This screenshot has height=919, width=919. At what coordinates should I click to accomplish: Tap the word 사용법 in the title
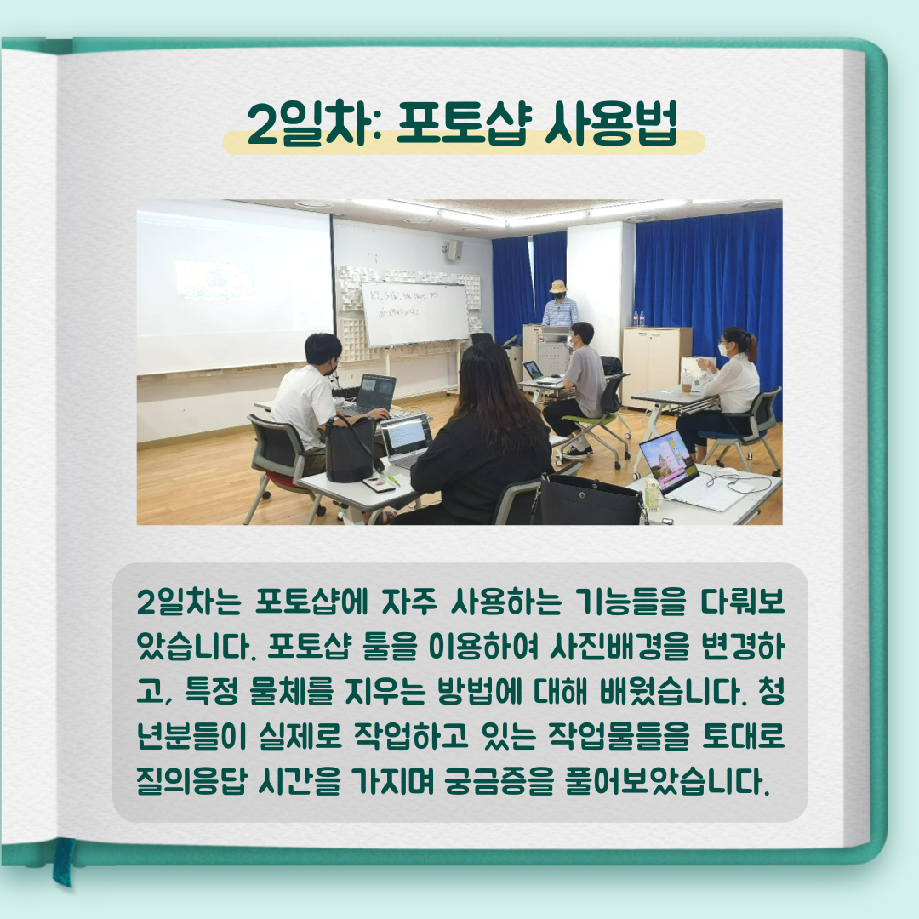click(x=611, y=123)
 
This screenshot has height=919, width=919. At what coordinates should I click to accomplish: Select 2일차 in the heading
click(x=311, y=123)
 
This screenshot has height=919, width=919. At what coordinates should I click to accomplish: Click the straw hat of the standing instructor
click(x=558, y=287)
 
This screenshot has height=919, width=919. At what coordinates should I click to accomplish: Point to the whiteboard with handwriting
click(x=414, y=313)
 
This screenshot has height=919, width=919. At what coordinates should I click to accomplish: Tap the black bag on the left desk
click(x=351, y=448)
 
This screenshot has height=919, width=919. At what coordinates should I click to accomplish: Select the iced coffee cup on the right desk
click(x=687, y=384)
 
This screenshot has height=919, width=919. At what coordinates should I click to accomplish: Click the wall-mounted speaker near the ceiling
click(x=454, y=249)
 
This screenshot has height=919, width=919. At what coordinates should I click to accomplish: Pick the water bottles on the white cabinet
click(x=639, y=319)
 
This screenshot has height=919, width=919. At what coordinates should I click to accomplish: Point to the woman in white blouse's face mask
click(x=723, y=350)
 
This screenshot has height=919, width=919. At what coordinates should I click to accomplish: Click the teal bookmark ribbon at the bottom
click(x=63, y=860)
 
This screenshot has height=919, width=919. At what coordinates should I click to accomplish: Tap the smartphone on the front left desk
click(x=378, y=484)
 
